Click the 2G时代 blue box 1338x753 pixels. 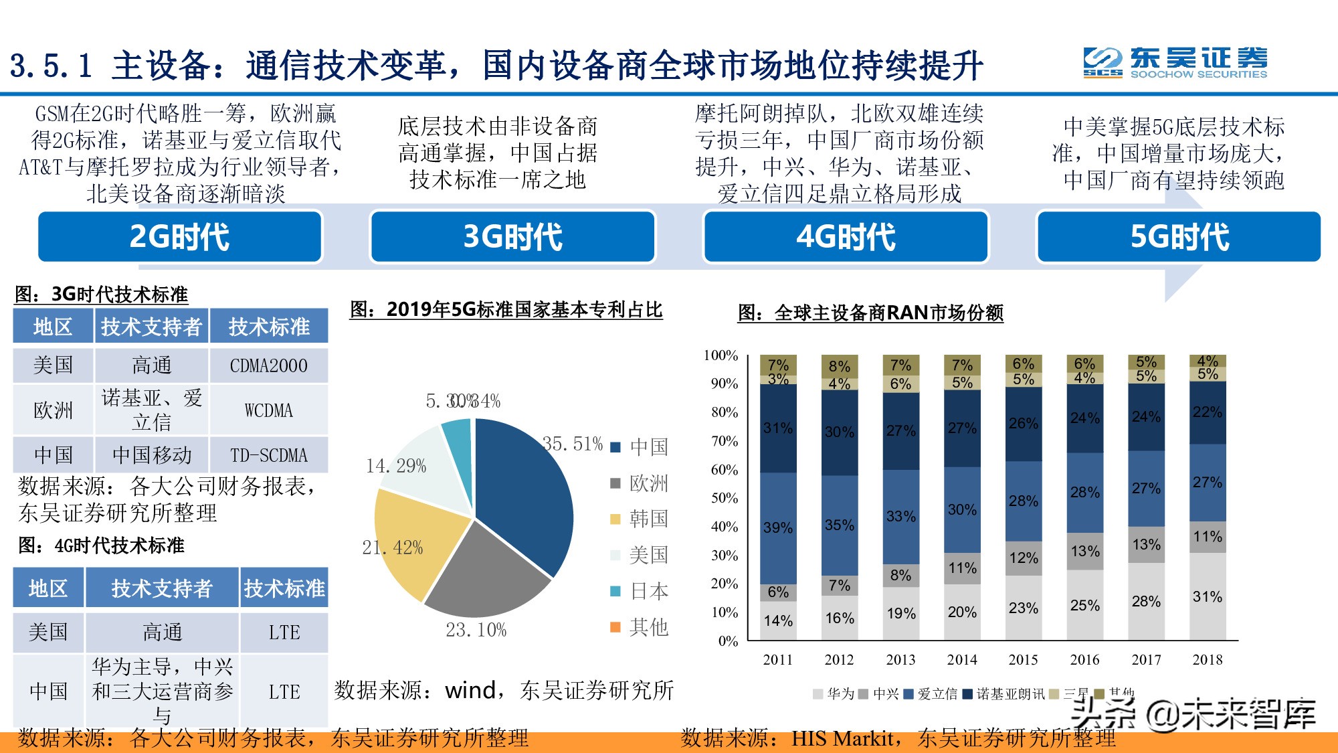coord(180,237)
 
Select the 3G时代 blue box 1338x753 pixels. coord(512,237)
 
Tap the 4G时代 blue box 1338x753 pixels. coord(846,237)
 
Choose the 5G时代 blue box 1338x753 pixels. coord(1179,237)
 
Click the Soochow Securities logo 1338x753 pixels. coord(1175,64)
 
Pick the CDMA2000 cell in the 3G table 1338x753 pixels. coord(269,365)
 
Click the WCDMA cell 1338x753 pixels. coord(269,410)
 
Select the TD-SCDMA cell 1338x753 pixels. coord(269,455)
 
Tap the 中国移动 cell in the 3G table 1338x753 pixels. coord(152,455)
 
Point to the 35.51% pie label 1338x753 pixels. coord(573,444)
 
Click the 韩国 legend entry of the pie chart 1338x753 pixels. coord(640,519)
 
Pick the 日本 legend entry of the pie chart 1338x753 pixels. coord(640,591)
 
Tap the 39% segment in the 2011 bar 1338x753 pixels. coord(778,527)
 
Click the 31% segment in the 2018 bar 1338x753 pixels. coord(1208,596)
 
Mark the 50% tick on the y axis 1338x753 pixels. coord(725,498)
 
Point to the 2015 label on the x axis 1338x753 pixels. coord(1024,660)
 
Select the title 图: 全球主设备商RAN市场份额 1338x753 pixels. coord(870,313)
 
